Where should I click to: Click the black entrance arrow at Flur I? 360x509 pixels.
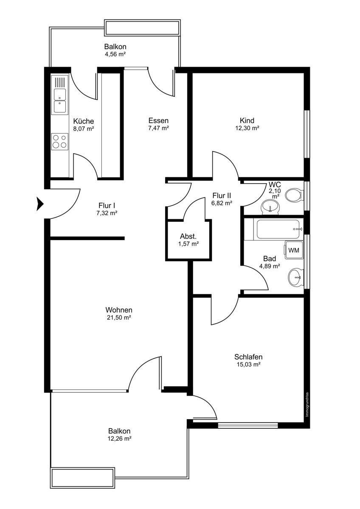click(x=40, y=204)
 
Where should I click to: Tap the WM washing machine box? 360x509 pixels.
click(x=294, y=250)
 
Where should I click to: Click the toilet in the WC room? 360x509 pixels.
click(x=294, y=195)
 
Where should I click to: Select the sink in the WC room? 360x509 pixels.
click(x=270, y=207)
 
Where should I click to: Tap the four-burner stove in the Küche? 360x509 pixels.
click(x=60, y=141)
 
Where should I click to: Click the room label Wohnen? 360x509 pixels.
click(x=119, y=310)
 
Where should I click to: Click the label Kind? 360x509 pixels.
click(x=247, y=120)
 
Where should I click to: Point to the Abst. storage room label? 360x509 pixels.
click(x=188, y=236)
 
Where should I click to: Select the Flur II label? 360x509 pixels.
click(x=222, y=196)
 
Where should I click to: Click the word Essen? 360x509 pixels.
click(x=158, y=120)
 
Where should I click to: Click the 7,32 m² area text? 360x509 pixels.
click(x=107, y=213)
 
